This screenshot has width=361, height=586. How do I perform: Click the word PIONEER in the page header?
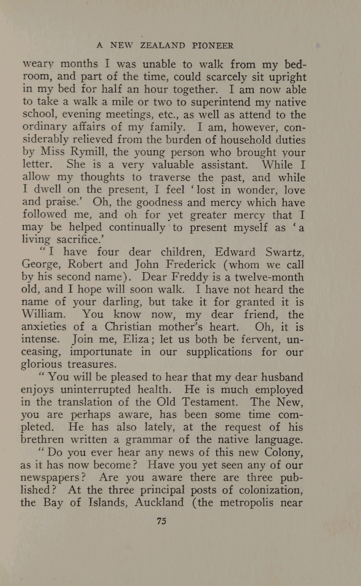[213, 45]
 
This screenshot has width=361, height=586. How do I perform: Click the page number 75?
[161, 521]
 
